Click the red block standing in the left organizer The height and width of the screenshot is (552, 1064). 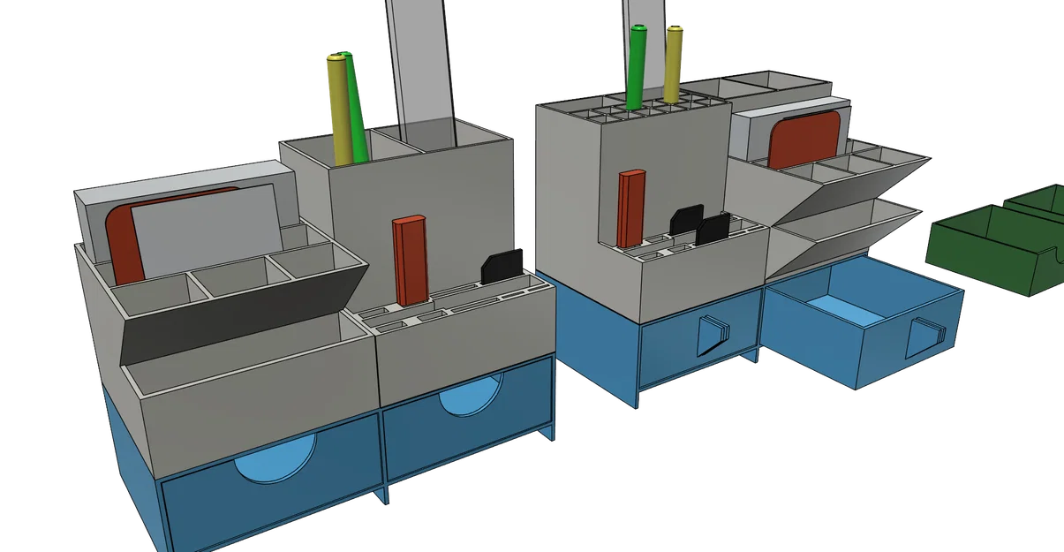[x=410, y=261]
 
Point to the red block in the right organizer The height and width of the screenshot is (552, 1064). [x=631, y=208]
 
